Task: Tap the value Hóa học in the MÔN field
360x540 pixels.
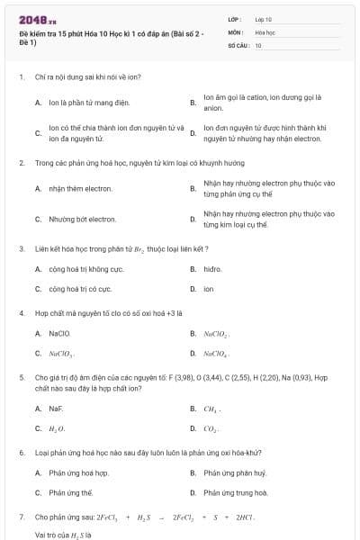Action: click(265, 31)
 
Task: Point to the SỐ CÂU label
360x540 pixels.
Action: click(237, 43)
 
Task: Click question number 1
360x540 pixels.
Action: click(21, 77)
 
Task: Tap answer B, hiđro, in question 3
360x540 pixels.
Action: click(212, 268)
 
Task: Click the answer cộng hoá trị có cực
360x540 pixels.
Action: click(80, 289)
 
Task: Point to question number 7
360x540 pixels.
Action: click(21, 517)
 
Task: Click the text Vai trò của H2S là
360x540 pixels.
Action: click(64, 534)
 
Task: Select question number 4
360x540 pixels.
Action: click(21, 312)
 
